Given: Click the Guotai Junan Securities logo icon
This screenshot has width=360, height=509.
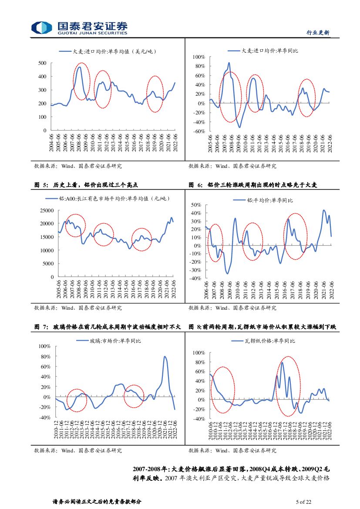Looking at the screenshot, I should pyautogui.click(x=42, y=27).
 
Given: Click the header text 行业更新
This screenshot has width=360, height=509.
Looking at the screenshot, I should pyautogui.click(x=318, y=33).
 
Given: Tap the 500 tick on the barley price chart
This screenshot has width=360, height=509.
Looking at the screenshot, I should pyautogui.click(x=42, y=63).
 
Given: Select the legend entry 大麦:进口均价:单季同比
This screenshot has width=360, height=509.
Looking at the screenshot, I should pyautogui.click(x=269, y=51).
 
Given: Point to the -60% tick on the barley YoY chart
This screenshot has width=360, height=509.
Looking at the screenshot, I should pyautogui.click(x=199, y=131).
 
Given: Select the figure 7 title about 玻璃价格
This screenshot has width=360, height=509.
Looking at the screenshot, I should pyautogui.click(x=107, y=326).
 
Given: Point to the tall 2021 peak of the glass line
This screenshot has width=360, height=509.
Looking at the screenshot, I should pyautogui.click(x=165, y=357).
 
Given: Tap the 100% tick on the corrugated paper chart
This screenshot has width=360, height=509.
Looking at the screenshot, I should pyautogui.click(x=199, y=353).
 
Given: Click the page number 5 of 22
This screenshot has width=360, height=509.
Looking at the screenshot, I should pyautogui.click(x=303, y=502).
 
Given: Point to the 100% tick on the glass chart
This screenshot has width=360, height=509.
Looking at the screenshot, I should pyautogui.click(x=45, y=346).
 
